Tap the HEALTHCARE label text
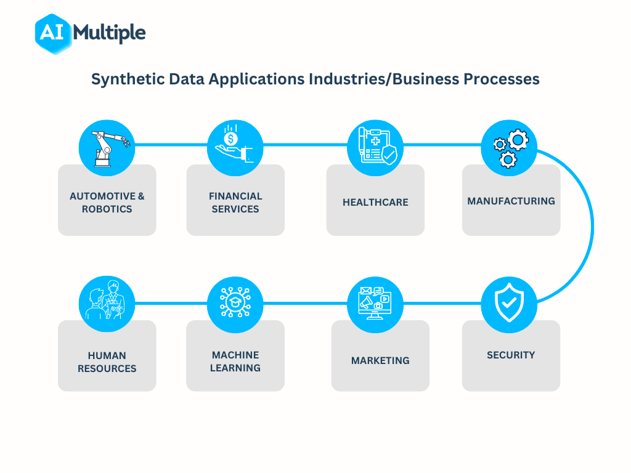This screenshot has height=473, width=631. coord(375,202)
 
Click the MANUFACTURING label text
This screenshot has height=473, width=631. coord(511,201)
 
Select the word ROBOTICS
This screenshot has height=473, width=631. coord(107,209)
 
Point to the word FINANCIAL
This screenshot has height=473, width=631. coord(235,196)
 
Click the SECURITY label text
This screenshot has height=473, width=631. coord(511,355)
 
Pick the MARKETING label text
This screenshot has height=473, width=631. coord(380,360)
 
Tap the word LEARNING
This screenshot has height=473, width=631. coord(235,368)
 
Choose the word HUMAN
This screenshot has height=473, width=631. coord(107,355)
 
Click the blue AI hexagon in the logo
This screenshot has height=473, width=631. coord(53,33)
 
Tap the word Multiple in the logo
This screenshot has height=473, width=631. coord(109,33)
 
